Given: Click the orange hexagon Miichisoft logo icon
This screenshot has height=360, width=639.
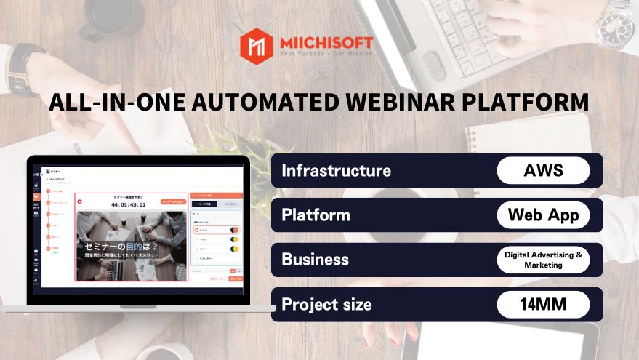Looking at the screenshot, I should (x=256, y=44).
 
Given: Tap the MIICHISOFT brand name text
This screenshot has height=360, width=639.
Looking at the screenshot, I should (x=326, y=41).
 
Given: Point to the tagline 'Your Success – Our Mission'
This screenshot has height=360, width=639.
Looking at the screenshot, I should (x=326, y=54).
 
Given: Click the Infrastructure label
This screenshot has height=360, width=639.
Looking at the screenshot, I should (x=336, y=171).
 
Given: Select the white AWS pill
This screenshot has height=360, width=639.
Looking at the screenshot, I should (x=543, y=171).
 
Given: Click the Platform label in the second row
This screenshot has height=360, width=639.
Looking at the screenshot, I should (x=316, y=215).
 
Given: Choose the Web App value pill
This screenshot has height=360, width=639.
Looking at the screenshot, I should (x=543, y=215).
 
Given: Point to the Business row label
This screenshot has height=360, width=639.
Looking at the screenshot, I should (x=315, y=260).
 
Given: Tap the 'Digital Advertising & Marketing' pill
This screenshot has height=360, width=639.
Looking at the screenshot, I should (x=543, y=260).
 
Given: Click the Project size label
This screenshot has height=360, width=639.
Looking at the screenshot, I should (x=326, y=304).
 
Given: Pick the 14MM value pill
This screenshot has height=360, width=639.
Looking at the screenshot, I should (x=543, y=304).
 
